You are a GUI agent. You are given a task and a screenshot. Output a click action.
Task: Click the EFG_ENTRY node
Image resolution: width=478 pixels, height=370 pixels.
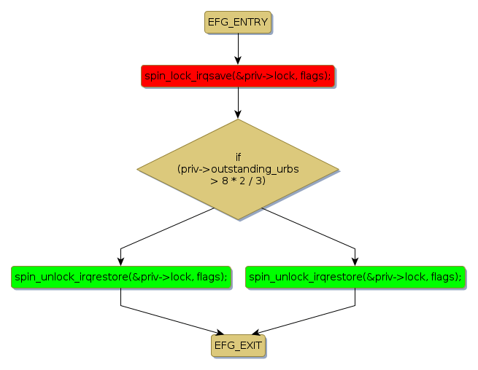coord(238,23)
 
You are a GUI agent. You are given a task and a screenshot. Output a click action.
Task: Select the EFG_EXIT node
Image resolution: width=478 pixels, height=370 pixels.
coord(238,346)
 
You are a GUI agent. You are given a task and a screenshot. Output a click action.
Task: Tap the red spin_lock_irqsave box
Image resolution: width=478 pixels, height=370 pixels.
coord(238,75)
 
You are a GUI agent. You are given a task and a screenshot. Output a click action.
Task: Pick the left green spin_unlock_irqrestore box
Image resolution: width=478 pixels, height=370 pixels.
coord(120,277)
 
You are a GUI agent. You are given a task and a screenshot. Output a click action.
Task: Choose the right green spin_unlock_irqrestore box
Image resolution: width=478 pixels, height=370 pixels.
coord(355,277)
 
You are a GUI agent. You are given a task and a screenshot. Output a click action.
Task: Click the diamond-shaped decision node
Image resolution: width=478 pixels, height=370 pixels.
coord(238,170)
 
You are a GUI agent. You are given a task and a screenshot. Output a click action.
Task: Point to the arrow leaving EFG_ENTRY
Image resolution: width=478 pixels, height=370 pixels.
coord(238,49)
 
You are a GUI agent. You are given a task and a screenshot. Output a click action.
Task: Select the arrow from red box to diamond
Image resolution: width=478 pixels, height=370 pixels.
coord(238,103)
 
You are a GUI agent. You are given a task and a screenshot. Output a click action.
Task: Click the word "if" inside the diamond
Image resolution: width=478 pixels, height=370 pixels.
coord(238,157)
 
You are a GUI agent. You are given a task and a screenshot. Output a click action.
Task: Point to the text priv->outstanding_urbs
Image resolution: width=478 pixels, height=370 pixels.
coord(238,169)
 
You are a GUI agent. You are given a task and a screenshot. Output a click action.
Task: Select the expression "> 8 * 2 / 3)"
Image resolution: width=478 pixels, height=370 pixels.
coord(238,181)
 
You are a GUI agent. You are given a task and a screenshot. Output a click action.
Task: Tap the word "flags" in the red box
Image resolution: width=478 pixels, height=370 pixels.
coord(312,76)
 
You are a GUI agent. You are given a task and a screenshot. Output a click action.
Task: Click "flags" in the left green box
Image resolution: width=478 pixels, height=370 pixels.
coord(209,277)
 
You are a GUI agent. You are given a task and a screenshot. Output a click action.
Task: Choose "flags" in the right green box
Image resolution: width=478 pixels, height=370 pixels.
coord(444,277)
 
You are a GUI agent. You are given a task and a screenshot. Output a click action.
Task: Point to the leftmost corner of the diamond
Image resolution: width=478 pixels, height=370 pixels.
coord(139,170)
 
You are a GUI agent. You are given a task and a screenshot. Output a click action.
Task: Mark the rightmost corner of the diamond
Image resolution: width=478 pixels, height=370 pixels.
coord(338,170)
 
